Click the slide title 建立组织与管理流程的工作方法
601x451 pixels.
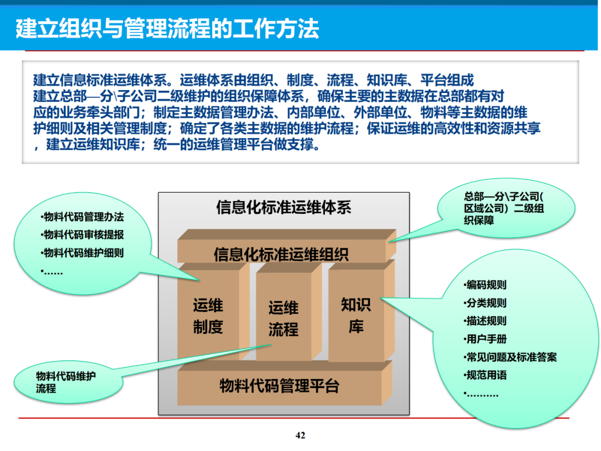(167, 28)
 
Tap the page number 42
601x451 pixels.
(300, 435)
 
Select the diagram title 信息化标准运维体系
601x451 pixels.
(283, 208)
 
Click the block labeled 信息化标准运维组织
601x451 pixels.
(281, 254)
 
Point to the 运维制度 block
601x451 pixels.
(208, 316)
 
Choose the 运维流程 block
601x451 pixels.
(283, 318)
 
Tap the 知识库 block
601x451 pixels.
(356, 315)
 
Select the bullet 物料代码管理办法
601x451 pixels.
(83, 217)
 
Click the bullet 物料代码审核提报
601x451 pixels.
(83, 235)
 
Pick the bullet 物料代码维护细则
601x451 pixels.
(83, 253)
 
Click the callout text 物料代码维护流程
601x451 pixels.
(66, 382)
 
